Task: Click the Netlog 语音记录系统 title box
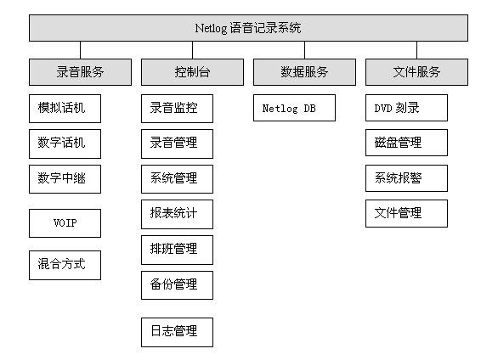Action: [x=248, y=28]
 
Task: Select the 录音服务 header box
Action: [x=80, y=72]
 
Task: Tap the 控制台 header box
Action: [x=192, y=72]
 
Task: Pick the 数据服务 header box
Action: [x=304, y=72]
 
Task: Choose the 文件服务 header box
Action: [x=417, y=72]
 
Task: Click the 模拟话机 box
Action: [x=65, y=109]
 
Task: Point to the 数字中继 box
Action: [x=65, y=179]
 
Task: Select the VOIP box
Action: [x=65, y=223]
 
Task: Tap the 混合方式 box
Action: [x=65, y=265]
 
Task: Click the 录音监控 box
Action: [x=177, y=109]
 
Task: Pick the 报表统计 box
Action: [x=177, y=215]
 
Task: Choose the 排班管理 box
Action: [x=177, y=250]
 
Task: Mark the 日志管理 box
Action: [x=177, y=333]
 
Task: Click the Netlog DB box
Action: [x=295, y=108]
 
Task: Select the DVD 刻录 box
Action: [x=406, y=108]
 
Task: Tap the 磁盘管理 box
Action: [x=406, y=143]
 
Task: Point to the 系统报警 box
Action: [x=406, y=178]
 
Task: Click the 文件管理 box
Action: [x=406, y=214]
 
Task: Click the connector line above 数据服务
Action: [x=304, y=50]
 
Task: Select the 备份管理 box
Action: [x=177, y=285]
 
